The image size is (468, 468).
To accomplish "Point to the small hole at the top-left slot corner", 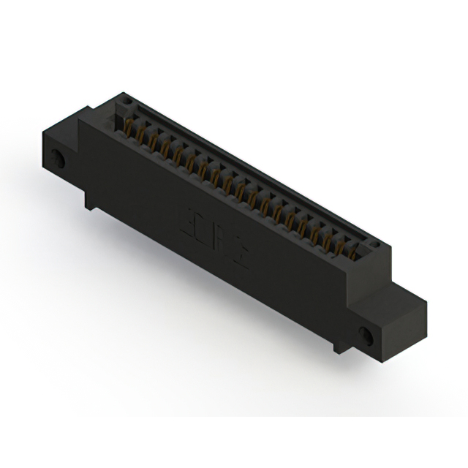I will tap(125, 100).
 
